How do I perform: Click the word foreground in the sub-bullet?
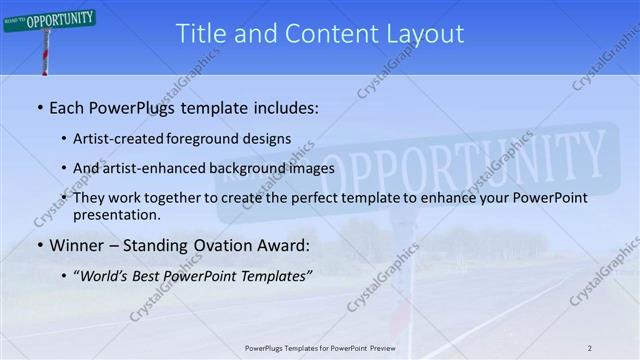coord(212,138)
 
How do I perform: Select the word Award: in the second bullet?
coord(282,244)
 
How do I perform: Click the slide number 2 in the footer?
coord(589,348)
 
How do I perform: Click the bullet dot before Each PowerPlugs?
coord(39,105)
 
